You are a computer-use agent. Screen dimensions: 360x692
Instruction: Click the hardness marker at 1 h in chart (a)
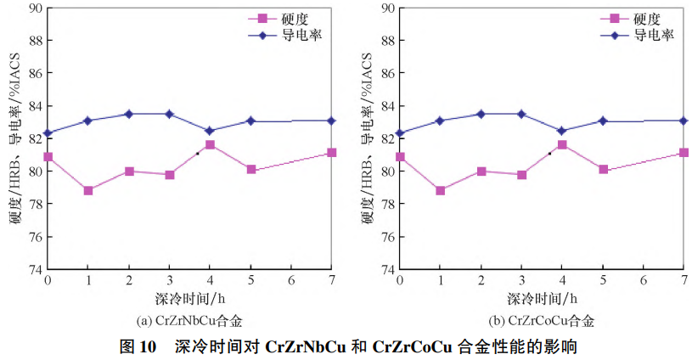click(88, 190)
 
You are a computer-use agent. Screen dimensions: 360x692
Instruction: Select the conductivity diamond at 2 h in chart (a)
click(129, 114)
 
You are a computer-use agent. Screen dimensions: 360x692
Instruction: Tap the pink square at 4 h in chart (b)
click(562, 145)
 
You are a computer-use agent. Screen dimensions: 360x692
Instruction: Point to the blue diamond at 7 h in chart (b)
click(684, 121)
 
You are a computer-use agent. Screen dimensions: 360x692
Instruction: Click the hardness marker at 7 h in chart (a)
click(332, 153)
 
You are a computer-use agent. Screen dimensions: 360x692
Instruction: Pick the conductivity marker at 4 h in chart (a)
click(210, 131)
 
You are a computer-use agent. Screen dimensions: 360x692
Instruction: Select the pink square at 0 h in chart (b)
click(400, 157)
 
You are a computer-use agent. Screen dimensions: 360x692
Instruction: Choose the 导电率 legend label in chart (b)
click(653, 36)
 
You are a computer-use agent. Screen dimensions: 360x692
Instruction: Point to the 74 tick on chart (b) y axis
click(387, 269)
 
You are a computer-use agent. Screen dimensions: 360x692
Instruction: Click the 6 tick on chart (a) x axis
click(291, 280)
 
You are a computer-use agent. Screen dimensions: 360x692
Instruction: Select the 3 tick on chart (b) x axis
click(521, 280)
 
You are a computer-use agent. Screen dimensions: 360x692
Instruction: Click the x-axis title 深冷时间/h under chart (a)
click(189, 298)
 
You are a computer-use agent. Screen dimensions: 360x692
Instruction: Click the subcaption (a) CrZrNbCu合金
click(188, 321)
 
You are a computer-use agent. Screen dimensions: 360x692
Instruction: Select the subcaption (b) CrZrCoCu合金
click(541, 321)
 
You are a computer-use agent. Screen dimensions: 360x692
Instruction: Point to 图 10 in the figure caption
click(138, 346)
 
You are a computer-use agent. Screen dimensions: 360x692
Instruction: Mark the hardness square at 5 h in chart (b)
click(603, 169)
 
